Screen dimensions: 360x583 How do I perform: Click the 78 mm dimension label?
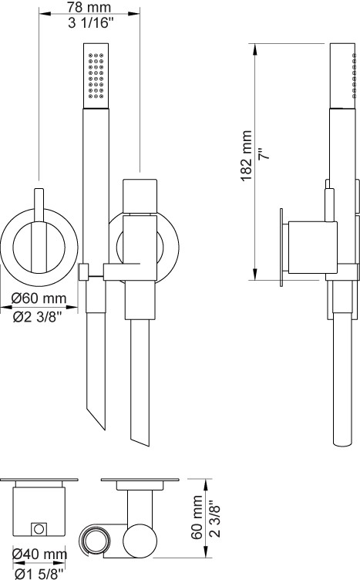[x=89, y=7]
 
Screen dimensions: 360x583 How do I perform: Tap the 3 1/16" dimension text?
[x=90, y=23]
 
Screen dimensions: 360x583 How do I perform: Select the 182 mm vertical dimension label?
[x=247, y=156]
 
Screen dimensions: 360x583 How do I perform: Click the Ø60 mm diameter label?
[x=39, y=298]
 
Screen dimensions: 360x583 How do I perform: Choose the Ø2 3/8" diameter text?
[x=37, y=316]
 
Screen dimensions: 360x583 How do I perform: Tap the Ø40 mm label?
[x=39, y=554]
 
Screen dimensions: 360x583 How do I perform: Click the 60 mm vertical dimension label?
[x=197, y=517]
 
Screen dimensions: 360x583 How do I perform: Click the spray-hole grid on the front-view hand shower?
[x=96, y=76]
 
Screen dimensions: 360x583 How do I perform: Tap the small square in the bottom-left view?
[x=39, y=528]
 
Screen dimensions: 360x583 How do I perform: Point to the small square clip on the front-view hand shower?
[x=84, y=272]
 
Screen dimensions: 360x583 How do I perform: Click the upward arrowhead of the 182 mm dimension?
[x=255, y=49]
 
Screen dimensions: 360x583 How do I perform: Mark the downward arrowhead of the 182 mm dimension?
[x=255, y=275]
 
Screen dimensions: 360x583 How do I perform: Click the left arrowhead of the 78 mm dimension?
[x=45, y=14]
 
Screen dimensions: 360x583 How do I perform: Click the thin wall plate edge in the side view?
[x=281, y=248]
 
